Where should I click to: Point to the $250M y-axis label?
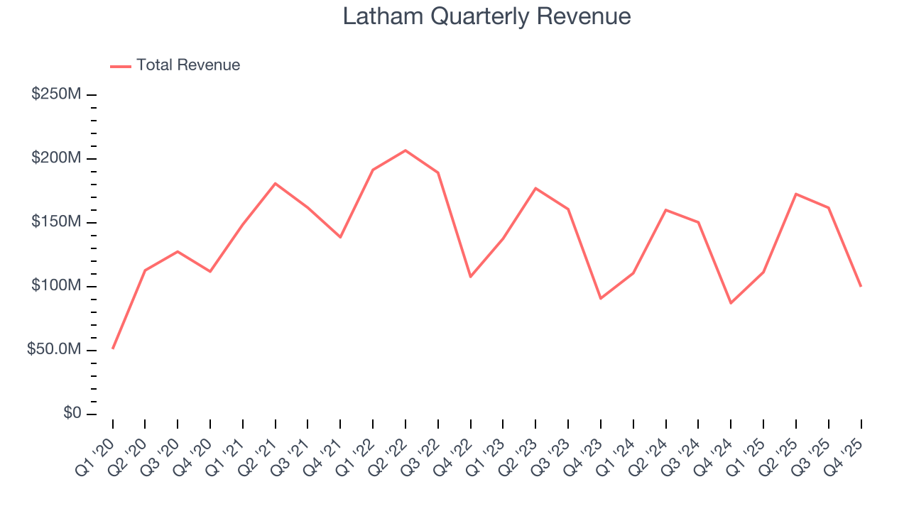[55, 94]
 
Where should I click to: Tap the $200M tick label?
[55, 158]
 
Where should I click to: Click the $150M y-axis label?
[55, 222]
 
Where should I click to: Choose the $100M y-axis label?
[55, 286]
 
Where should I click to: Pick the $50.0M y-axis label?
[53, 350]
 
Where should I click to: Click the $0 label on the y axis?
[71, 414]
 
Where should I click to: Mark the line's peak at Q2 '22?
[405, 150]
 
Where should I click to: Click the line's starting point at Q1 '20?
[113, 348]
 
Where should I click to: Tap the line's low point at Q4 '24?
[731, 303]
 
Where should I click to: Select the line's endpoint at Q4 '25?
[861, 286]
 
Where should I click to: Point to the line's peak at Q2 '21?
[275, 183]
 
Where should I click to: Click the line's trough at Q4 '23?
[601, 298]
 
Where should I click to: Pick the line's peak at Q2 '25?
[796, 194]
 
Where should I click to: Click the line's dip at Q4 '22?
[470, 277]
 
